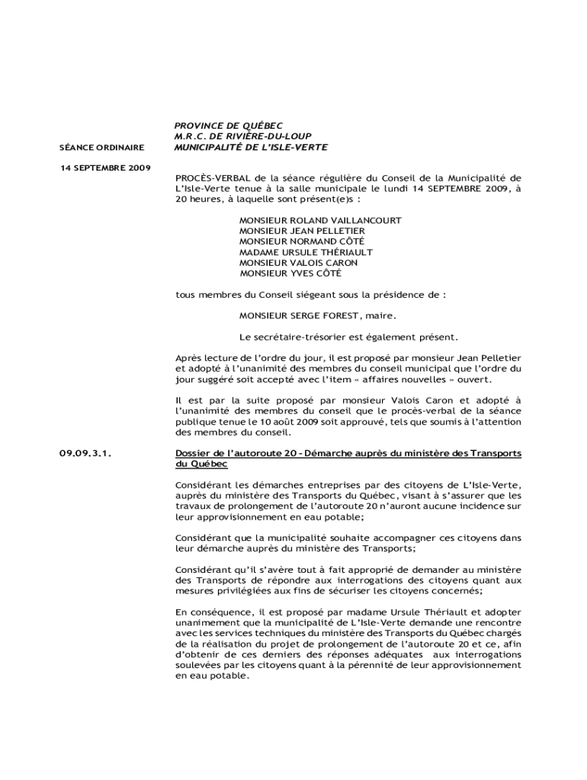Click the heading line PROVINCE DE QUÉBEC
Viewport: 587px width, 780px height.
click(x=229, y=125)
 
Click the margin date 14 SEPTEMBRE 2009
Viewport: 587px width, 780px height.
click(x=104, y=166)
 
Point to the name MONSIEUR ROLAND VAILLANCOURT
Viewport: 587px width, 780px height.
click(x=320, y=220)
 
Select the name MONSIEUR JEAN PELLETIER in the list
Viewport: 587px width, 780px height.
click(x=302, y=231)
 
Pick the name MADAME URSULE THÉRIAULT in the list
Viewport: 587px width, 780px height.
click(x=306, y=252)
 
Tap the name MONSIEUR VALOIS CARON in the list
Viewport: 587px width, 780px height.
click(x=298, y=263)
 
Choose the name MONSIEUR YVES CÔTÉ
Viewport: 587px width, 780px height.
click(x=290, y=273)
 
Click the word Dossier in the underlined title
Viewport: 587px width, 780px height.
click(x=194, y=454)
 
